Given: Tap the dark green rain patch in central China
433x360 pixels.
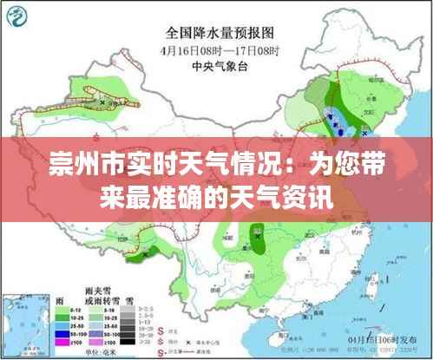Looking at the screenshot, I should point(257,234).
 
